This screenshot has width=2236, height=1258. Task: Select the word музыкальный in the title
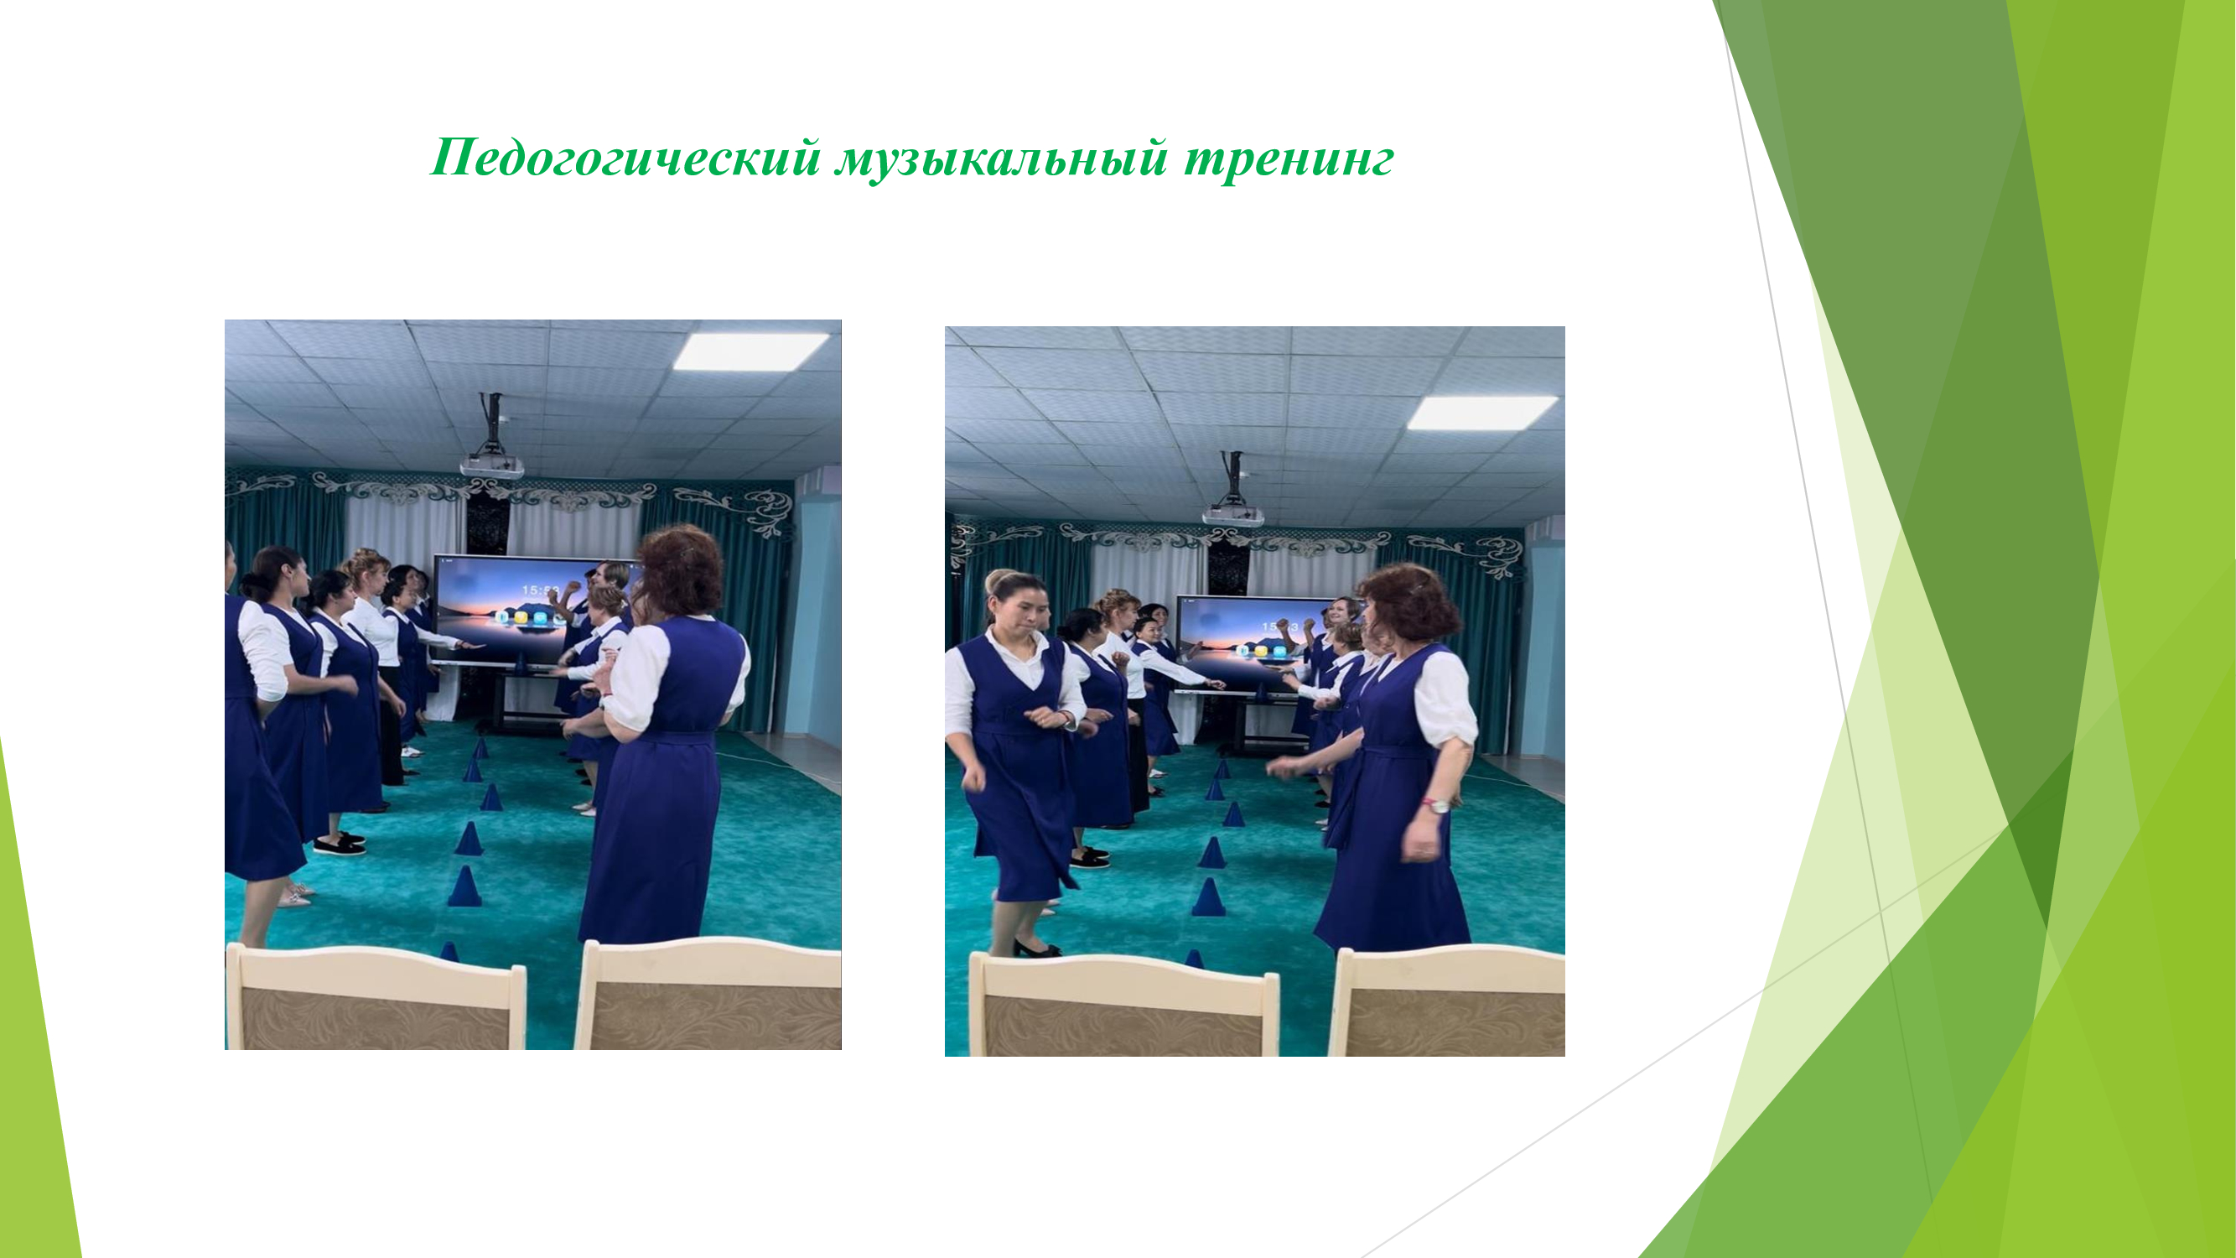tap(1001, 159)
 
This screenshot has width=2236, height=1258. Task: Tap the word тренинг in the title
tap(1289, 159)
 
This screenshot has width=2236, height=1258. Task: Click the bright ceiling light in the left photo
tap(750, 351)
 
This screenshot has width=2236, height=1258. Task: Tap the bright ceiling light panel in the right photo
tap(1481, 413)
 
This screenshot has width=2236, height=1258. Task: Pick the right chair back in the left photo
tap(708, 994)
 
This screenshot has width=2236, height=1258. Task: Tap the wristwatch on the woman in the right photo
tap(1439, 805)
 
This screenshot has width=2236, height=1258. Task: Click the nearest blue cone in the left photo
tap(464, 886)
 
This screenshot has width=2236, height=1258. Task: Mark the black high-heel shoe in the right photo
tap(1036, 948)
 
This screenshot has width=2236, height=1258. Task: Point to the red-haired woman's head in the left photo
tap(681, 571)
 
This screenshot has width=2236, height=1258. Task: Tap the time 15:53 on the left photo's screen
tap(541, 591)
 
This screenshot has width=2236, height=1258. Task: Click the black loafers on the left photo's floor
tap(340, 842)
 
